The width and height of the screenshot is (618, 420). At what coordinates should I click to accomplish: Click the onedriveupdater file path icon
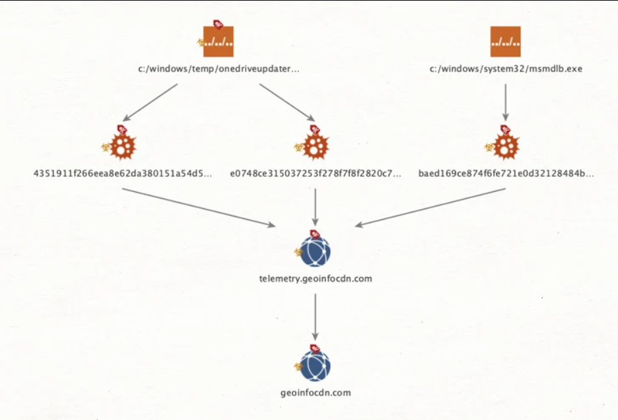pyautogui.click(x=218, y=42)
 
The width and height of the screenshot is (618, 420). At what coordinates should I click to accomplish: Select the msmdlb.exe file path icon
pyautogui.click(x=506, y=42)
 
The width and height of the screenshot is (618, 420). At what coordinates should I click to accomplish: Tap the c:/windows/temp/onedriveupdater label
pyautogui.click(x=218, y=69)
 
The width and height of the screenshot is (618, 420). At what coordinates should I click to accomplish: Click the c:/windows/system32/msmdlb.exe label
pyautogui.click(x=506, y=69)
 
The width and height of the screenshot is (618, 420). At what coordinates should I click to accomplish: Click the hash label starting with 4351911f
pyautogui.click(x=123, y=174)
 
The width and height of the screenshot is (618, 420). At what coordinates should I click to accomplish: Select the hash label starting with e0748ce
pyautogui.click(x=316, y=174)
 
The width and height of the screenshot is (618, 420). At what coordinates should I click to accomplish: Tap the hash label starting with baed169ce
pyautogui.click(x=506, y=174)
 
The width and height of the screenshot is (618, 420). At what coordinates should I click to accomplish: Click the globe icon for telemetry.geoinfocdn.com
pyautogui.click(x=315, y=251)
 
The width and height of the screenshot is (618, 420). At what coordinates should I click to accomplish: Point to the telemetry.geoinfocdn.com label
pyautogui.click(x=315, y=279)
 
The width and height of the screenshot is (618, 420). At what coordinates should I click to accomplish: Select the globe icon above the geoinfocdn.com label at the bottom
pyautogui.click(x=315, y=366)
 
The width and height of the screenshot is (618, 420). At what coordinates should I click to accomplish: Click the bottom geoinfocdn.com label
pyautogui.click(x=315, y=393)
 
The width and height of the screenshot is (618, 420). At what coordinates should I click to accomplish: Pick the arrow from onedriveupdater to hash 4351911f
pyautogui.click(x=150, y=102)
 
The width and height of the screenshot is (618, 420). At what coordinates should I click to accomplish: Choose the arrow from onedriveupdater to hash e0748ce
pyautogui.click(x=287, y=102)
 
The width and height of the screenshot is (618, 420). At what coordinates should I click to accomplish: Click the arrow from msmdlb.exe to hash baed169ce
pyautogui.click(x=506, y=102)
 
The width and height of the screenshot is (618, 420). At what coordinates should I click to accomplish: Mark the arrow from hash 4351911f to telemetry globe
pyautogui.click(x=199, y=208)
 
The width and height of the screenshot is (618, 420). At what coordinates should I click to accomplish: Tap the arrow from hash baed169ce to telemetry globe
pyautogui.click(x=430, y=208)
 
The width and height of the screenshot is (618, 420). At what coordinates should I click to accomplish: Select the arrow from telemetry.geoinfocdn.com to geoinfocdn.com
pyautogui.click(x=315, y=317)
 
